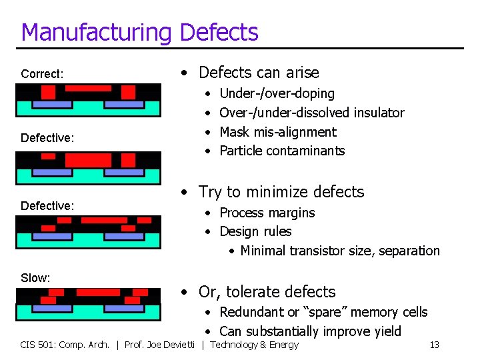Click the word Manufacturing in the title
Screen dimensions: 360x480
(x=97, y=32)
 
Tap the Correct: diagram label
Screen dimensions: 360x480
(x=42, y=74)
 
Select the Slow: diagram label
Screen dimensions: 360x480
(x=35, y=278)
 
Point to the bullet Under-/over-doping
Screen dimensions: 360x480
(x=277, y=93)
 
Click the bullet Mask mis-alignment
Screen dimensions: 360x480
(x=277, y=132)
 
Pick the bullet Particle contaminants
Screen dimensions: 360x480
(x=282, y=151)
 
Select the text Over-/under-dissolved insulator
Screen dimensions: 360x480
(x=311, y=113)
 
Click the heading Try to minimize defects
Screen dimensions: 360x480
(x=281, y=192)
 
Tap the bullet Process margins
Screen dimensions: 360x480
(x=267, y=213)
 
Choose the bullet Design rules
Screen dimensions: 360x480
(x=255, y=231)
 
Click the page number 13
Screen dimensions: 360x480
(x=434, y=345)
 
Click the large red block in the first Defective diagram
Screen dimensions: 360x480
(x=88, y=160)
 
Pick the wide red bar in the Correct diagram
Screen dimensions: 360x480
(x=88, y=88)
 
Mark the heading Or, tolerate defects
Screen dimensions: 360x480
(x=267, y=292)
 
